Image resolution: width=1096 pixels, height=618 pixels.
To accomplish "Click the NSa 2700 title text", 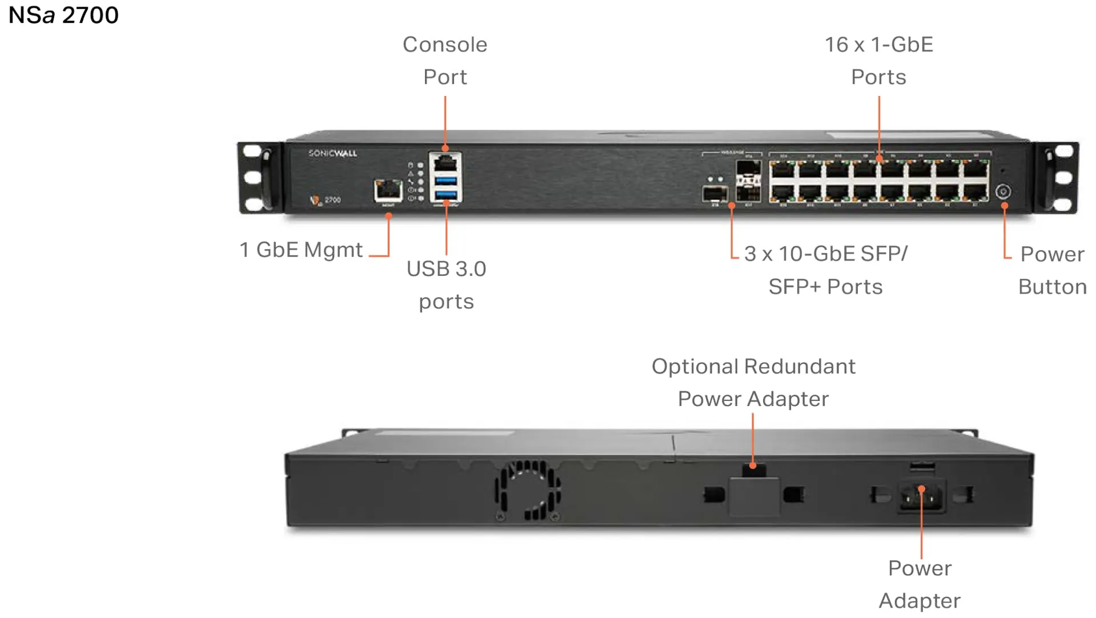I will [x=63, y=15].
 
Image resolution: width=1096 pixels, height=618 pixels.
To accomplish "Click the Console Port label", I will [x=445, y=61].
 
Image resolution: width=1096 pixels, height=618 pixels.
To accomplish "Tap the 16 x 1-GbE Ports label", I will [x=878, y=61].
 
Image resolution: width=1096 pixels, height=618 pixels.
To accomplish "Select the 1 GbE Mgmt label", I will [x=301, y=250].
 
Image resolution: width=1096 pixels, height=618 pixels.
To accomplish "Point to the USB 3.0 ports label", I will [x=446, y=284].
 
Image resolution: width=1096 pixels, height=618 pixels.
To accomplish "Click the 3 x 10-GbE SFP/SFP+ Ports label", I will [x=826, y=270].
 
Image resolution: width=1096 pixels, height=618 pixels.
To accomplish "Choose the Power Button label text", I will [x=1052, y=270].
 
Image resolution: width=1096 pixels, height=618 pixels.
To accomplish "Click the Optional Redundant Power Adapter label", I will [x=753, y=382].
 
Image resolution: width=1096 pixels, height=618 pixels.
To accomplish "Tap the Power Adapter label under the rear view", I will [x=920, y=584].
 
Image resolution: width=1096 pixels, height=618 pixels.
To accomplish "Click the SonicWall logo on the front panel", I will [x=332, y=153].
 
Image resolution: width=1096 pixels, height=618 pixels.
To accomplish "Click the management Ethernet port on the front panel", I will [x=388, y=190].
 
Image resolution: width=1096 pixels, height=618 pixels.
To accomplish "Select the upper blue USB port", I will [x=445, y=181].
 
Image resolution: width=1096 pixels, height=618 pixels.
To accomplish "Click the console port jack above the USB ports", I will [x=445, y=163].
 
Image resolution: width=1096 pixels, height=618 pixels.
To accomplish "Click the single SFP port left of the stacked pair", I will [x=715, y=194].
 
